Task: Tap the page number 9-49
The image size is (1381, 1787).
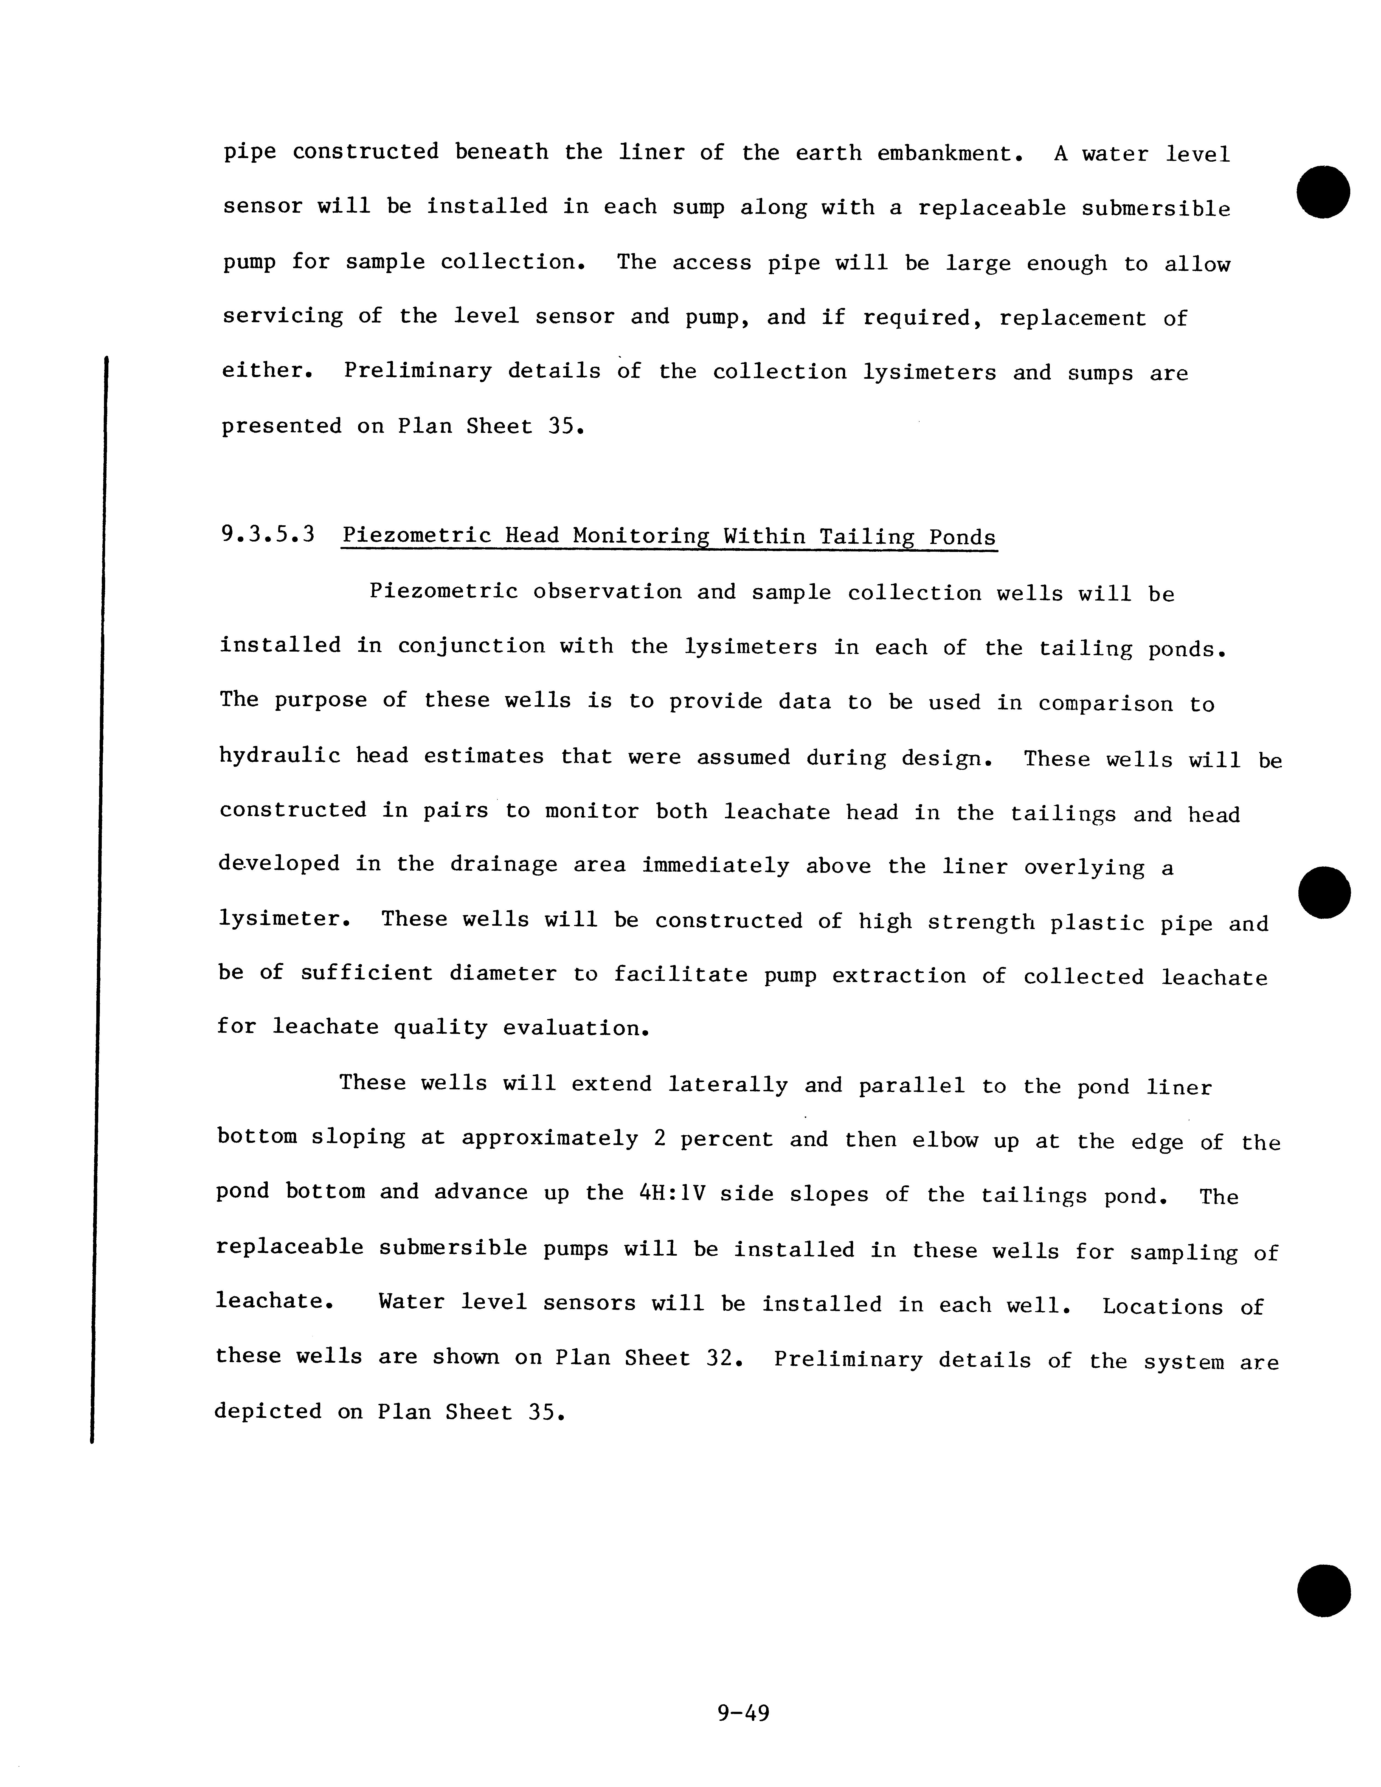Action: tap(743, 1713)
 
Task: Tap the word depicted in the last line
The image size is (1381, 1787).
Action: tap(268, 1412)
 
